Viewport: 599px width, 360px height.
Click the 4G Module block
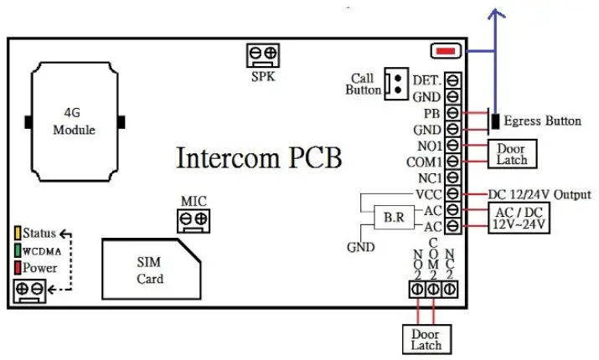coord(74,122)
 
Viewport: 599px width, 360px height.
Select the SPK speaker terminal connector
coord(263,55)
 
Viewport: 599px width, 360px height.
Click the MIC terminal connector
coord(193,220)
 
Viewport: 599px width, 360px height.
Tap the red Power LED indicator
coord(17,268)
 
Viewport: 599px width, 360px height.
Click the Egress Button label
coord(542,121)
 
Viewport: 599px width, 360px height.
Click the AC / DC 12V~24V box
coord(519,218)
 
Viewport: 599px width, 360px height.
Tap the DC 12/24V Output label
coord(540,194)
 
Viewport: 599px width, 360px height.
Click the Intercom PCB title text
coord(260,158)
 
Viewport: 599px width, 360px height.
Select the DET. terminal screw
coord(452,80)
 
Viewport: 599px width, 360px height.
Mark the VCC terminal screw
coord(452,194)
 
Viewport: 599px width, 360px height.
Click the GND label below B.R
coord(360,247)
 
